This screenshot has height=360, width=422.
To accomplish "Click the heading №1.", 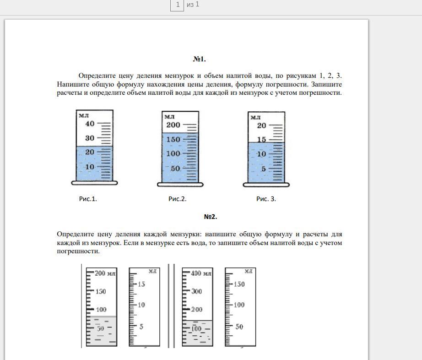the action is point(200,59).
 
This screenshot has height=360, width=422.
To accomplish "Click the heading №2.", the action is point(211,217).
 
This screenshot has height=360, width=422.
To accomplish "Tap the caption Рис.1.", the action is point(88,199).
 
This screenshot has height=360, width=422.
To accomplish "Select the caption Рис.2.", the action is point(177,199).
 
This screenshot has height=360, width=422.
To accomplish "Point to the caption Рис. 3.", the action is point(266,199).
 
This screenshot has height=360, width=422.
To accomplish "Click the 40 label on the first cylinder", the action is point(90,124).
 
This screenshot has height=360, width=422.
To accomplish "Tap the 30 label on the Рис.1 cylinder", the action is point(90,138).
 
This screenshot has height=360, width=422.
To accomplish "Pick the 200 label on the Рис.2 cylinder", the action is point(173,125).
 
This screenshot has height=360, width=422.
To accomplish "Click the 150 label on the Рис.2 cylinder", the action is point(173,140).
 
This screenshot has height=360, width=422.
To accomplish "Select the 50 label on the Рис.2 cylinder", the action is point(175,169).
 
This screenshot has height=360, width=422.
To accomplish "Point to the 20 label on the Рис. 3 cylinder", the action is point(262,125).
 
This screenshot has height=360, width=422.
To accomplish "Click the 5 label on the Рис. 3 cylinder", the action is point(264,169).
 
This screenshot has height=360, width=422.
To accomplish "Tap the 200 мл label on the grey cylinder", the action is point(105,273).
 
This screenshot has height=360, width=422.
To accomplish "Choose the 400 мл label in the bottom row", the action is point(201,273).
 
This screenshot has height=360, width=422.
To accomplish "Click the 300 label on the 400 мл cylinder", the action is point(196,291).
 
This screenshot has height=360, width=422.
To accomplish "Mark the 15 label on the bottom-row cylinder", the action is point(141,284).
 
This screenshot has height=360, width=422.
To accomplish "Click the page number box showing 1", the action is point(177,5).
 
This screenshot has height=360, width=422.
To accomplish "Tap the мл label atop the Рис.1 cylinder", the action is point(83,115).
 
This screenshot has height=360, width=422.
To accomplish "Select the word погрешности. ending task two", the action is point(78,251).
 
